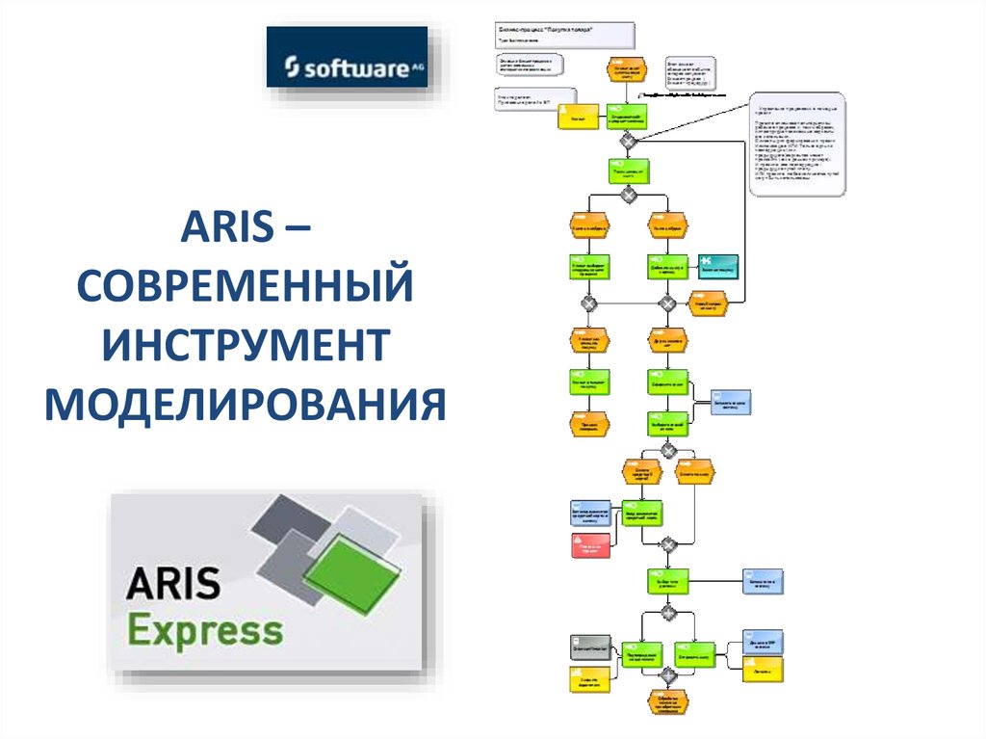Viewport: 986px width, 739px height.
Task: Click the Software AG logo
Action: point(347,58)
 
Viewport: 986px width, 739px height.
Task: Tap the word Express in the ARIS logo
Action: point(206,631)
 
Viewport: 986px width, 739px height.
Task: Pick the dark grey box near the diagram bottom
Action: point(590,645)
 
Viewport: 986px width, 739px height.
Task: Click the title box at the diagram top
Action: point(565,36)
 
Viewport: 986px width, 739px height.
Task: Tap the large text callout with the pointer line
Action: point(798,145)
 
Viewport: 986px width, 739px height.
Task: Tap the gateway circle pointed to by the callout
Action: point(628,141)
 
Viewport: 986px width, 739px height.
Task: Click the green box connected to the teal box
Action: point(667,266)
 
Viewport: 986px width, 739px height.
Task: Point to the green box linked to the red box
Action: point(642,515)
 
